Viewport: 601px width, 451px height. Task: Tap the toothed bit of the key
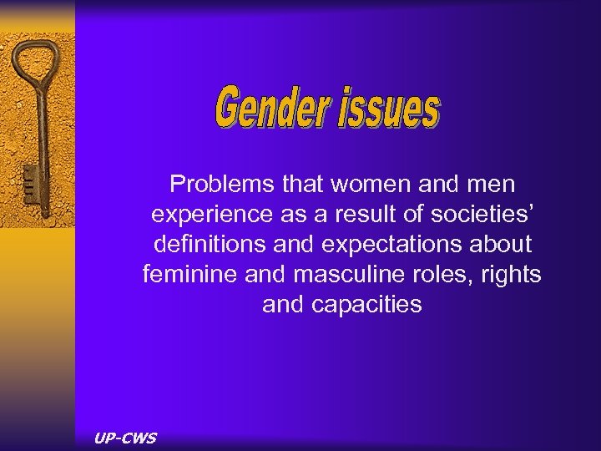[28, 180]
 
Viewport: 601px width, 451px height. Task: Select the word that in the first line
[308, 183]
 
